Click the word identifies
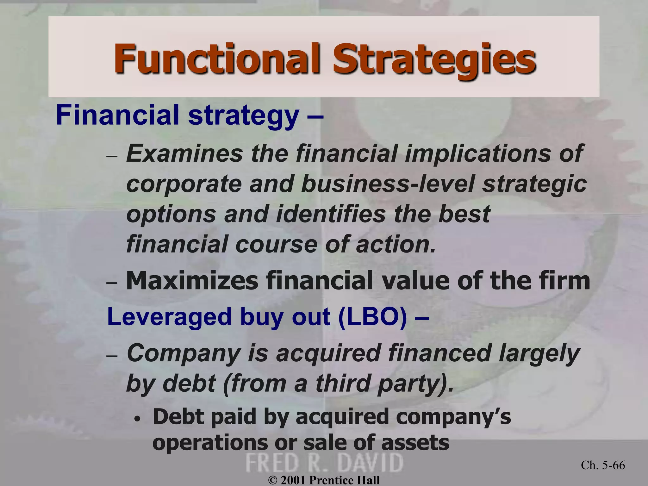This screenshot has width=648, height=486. (x=331, y=214)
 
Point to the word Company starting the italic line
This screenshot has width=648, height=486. (x=183, y=353)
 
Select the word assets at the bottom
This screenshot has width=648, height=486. (x=415, y=442)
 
